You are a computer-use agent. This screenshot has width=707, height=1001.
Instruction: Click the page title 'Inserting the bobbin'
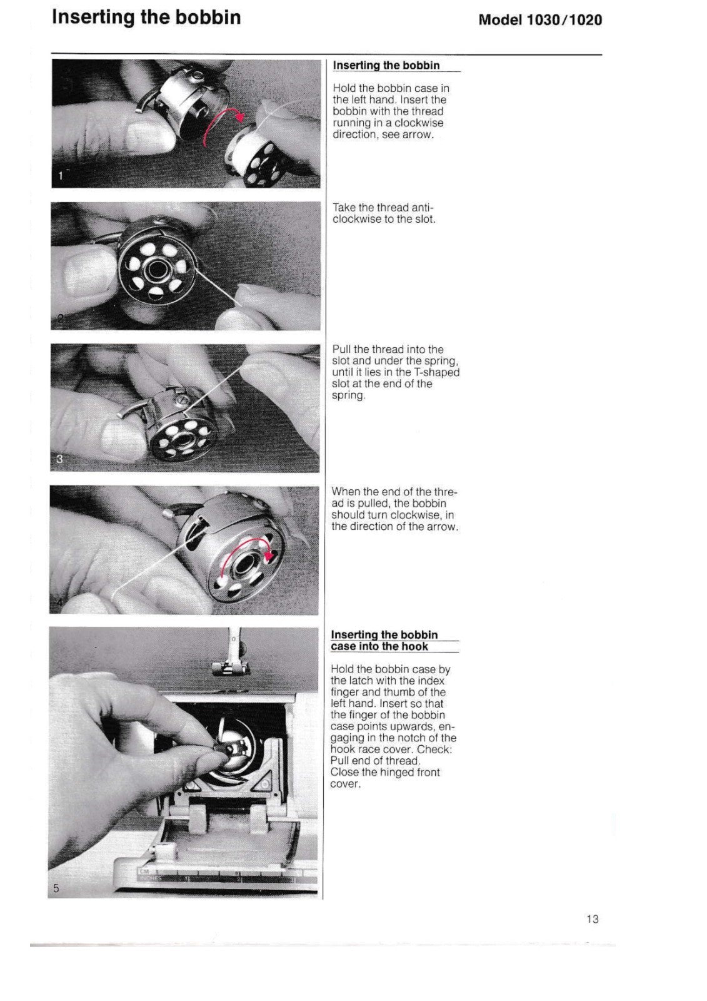tap(146, 17)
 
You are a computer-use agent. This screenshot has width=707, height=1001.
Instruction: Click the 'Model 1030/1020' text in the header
tap(540, 20)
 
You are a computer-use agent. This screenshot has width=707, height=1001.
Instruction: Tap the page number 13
tap(593, 919)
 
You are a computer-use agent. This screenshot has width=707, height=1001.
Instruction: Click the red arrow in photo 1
tap(225, 123)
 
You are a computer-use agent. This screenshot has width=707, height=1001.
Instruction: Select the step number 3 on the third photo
tap(60, 458)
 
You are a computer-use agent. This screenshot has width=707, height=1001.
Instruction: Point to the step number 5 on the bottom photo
tap(56, 888)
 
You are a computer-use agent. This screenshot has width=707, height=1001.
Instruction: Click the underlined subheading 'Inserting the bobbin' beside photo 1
tap(386, 66)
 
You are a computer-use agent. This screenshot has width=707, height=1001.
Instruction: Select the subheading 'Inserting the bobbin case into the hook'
tap(394, 641)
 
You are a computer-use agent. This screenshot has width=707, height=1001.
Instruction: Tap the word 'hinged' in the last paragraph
tap(394, 772)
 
